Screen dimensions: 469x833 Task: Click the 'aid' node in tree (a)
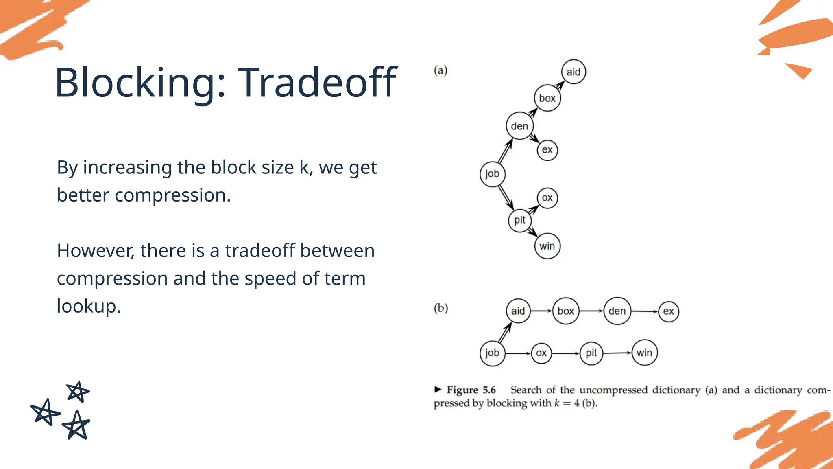coord(573,72)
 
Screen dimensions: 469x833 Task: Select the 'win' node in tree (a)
coord(547,246)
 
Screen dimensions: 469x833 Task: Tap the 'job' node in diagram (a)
coord(492,174)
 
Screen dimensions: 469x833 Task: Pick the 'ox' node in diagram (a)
coord(547,198)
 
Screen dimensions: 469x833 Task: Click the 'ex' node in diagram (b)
coord(668,311)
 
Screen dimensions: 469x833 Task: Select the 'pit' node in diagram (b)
coord(591,353)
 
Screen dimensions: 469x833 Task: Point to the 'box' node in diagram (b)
coord(565,311)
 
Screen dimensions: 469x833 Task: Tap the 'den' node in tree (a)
coord(519,126)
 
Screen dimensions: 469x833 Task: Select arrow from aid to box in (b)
coord(541,311)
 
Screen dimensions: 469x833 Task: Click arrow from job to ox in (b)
coord(518,353)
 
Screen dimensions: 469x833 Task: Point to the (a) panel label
coord(440,70)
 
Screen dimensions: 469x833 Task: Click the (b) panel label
coord(440,308)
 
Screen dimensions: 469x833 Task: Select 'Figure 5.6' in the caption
coord(471,390)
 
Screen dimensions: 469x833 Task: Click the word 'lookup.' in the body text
coord(89,306)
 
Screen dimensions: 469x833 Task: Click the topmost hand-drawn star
coord(77,392)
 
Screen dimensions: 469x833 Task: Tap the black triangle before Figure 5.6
coord(438,389)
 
